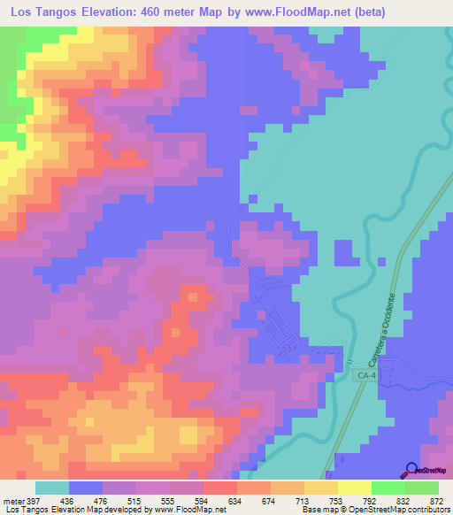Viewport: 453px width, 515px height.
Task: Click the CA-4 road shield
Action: (x=368, y=376)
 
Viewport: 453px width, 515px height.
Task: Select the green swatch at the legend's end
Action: (x=422, y=488)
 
